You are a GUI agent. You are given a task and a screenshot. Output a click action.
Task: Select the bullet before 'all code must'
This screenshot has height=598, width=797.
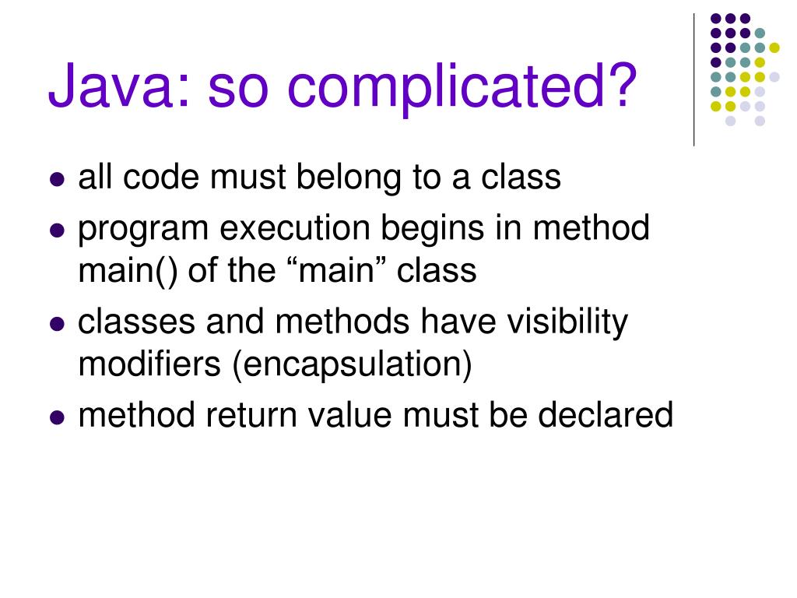pyautogui.click(x=56, y=179)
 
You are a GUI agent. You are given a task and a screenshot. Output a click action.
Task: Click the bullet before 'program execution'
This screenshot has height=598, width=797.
pyautogui.click(x=56, y=230)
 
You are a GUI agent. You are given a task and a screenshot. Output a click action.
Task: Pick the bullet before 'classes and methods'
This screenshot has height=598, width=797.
pyautogui.click(x=56, y=324)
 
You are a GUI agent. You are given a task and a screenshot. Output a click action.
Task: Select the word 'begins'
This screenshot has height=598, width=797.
pyautogui.click(x=432, y=228)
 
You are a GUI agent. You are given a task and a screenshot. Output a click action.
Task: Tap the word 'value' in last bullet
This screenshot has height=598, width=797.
pyautogui.click(x=349, y=415)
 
